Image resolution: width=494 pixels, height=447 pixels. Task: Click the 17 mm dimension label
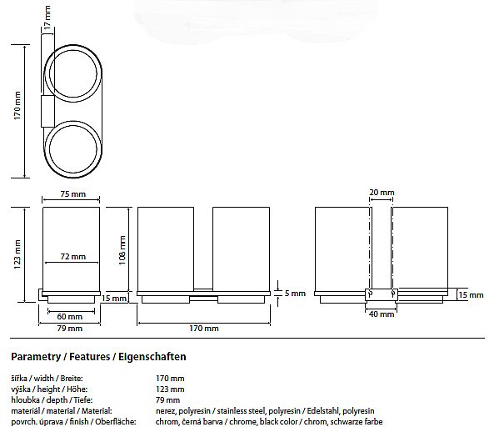click(47, 17)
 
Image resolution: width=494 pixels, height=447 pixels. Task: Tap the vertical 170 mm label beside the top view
click(17, 105)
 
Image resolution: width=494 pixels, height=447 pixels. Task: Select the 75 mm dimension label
click(73, 193)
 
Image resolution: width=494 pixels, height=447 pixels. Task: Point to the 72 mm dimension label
click(73, 257)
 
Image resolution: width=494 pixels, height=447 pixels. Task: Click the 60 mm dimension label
click(70, 316)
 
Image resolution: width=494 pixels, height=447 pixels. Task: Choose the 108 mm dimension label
click(122, 250)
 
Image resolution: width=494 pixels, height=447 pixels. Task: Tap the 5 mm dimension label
click(295, 294)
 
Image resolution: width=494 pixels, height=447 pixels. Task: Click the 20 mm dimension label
click(382, 192)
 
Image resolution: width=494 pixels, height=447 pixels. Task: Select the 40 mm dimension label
click(382, 314)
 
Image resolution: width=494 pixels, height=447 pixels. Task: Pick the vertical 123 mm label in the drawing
click(17, 254)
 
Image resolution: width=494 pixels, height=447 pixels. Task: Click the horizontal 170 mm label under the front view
click(204, 329)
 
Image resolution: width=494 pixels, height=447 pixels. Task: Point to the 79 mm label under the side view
click(70, 329)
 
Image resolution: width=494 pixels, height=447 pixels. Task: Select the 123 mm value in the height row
click(170, 389)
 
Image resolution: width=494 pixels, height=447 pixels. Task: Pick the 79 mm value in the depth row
click(168, 400)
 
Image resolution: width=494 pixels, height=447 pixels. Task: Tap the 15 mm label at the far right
click(471, 295)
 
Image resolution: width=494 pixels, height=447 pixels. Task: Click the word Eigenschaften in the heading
click(152, 357)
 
